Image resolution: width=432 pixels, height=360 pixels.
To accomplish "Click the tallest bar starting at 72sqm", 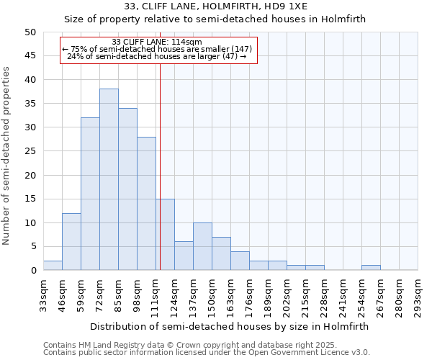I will pyautogui.click(x=109, y=179).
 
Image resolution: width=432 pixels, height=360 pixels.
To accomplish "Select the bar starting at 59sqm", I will pyautogui.click(x=90, y=194).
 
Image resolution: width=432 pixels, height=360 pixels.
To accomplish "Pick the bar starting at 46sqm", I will pyautogui.click(x=71, y=241).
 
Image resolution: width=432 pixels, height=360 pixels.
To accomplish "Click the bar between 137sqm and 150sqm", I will pyautogui.click(x=202, y=246).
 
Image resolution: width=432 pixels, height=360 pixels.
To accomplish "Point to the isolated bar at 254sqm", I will pyautogui.click(x=371, y=268).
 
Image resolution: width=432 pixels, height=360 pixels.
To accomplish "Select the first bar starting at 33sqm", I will pyautogui.click(x=53, y=265).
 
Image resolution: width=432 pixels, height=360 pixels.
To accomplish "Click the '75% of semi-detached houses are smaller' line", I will pyautogui.click(x=157, y=49).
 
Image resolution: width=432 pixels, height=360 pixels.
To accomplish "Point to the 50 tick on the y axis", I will pyautogui.click(x=30, y=32).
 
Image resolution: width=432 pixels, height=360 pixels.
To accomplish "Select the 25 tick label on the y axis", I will pyautogui.click(x=30, y=151).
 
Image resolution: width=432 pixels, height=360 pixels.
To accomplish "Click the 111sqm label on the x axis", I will pyautogui.click(x=156, y=294).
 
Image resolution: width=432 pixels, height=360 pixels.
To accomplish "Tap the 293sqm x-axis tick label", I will pyautogui.click(x=418, y=294).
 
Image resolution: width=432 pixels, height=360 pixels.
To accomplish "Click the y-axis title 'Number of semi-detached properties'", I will pyautogui.click(x=7, y=155).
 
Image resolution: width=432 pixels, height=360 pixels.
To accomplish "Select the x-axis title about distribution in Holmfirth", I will pyautogui.click(x=230, y=326).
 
